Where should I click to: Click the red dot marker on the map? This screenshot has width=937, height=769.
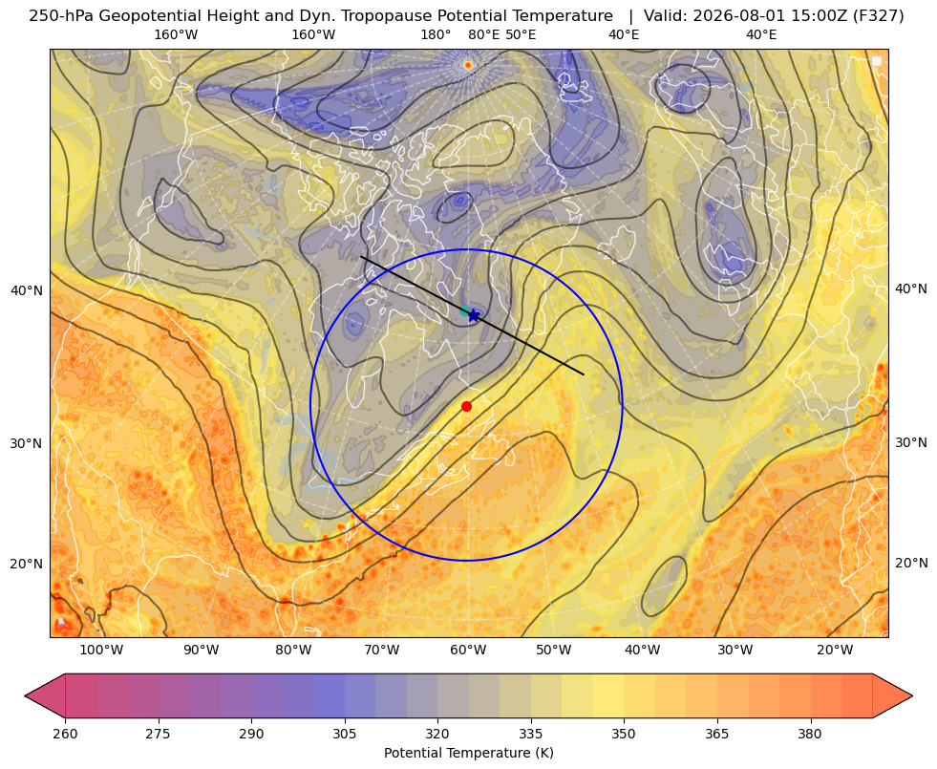tap(467, 406)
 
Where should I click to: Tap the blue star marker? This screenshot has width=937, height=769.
tap(474, 315)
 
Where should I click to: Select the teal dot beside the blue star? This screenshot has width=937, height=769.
tap(464, 310)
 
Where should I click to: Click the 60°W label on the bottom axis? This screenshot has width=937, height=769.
tap(468, 651)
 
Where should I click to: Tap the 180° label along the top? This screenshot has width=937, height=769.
tap(436, 34)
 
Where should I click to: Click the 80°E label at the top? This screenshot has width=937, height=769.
tap(484, 34)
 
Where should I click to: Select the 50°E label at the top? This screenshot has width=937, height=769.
tap(521, 34)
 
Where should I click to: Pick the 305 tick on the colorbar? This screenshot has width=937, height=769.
tap(345, 734)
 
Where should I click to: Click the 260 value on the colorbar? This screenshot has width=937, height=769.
tap(65, 734)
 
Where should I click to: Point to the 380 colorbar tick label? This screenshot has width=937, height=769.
tap(810, 734)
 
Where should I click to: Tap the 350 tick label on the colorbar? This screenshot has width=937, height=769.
tap(624, 734)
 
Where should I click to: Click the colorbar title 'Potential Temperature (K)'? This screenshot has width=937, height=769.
tap(468, 753)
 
